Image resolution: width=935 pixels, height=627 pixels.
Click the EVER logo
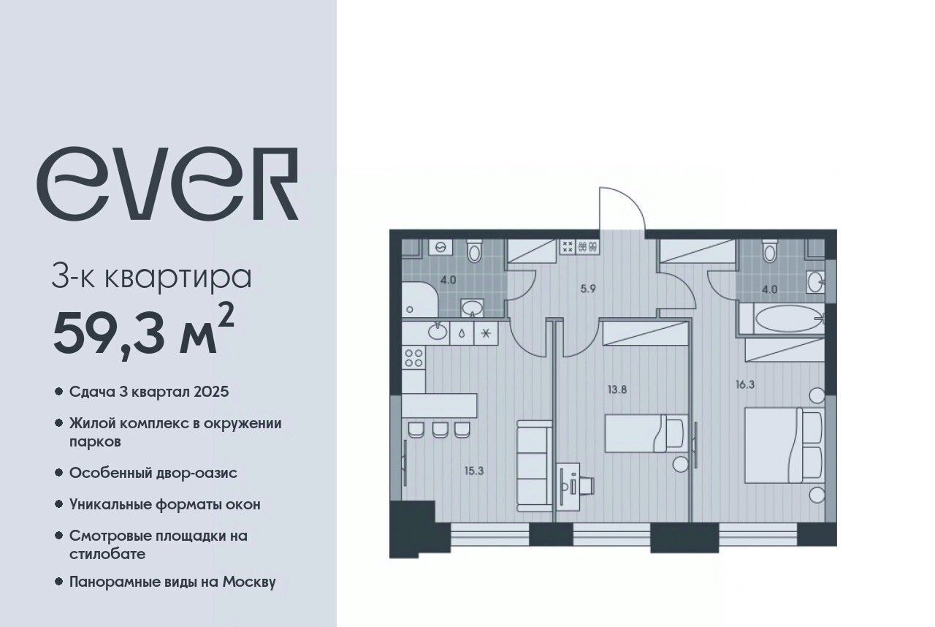(167, 183)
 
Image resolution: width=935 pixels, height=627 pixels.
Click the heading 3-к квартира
(151, 276)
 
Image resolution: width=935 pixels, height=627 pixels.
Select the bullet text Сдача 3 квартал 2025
(149, 392)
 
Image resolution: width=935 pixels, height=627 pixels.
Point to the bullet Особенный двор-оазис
(153, 473)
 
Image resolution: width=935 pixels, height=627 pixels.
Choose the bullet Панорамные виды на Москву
(172, 582)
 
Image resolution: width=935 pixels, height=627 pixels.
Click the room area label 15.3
(474, 471)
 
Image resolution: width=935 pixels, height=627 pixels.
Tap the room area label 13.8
(617, 390)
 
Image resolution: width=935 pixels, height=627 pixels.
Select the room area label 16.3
(745, 384)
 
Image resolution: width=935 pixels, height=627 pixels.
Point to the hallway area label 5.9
(588, 289)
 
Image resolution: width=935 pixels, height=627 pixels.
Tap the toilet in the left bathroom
(474, 251)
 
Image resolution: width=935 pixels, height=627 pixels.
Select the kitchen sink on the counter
(437, 332)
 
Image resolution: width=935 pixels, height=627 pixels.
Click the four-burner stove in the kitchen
(413, 359)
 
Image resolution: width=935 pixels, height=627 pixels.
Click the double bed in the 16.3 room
(785, 446)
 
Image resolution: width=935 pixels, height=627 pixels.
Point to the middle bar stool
(440, 430)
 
